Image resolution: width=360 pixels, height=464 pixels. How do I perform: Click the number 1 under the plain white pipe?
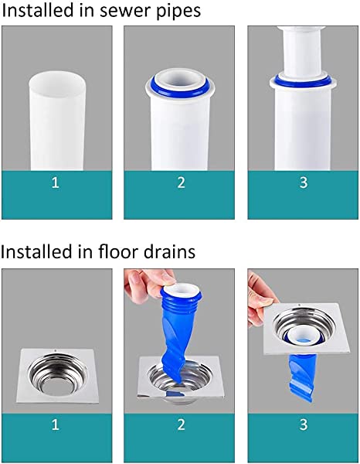[x=56, y=183]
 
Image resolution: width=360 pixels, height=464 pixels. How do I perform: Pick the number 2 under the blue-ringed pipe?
[x=181, y=183]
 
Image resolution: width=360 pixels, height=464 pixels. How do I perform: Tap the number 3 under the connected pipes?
[x=304, y=183]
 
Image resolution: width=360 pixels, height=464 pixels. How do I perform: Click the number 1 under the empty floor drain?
[x=56, y=425]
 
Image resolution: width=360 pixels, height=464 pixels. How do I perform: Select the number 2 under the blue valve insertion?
[x=181, y=425]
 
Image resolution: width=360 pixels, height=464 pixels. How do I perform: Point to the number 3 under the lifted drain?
[x=304, y=425]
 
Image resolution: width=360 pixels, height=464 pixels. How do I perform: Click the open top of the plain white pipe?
[x=57, y=80]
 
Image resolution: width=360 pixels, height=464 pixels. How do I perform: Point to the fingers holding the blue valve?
[x=147, y=285]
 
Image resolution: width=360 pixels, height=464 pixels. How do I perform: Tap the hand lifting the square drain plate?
[x=260, y=299]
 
